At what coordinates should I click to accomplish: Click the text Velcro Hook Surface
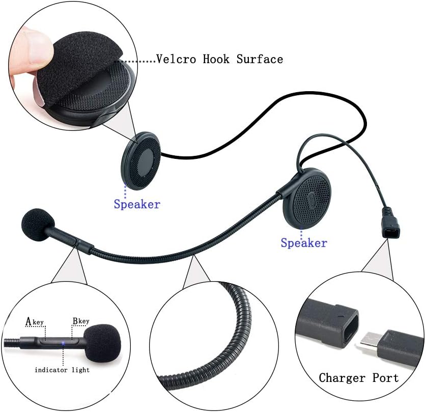(x=219, y=59)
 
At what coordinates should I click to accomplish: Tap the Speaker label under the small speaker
(x=137, y=205)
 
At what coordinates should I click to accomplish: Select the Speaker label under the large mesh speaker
(x=304, y=243)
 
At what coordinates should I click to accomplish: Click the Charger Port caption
(x=358, y=378)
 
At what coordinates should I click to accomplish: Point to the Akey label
(x=35, y=321)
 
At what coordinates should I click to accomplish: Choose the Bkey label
(x=80, y=321)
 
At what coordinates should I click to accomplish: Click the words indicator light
(x=62, y=370)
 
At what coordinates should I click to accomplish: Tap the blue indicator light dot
(x=63, y=343)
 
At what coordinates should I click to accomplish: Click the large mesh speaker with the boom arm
(x=308, y=196)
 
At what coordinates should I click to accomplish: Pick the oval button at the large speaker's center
(x=311, y=197)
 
